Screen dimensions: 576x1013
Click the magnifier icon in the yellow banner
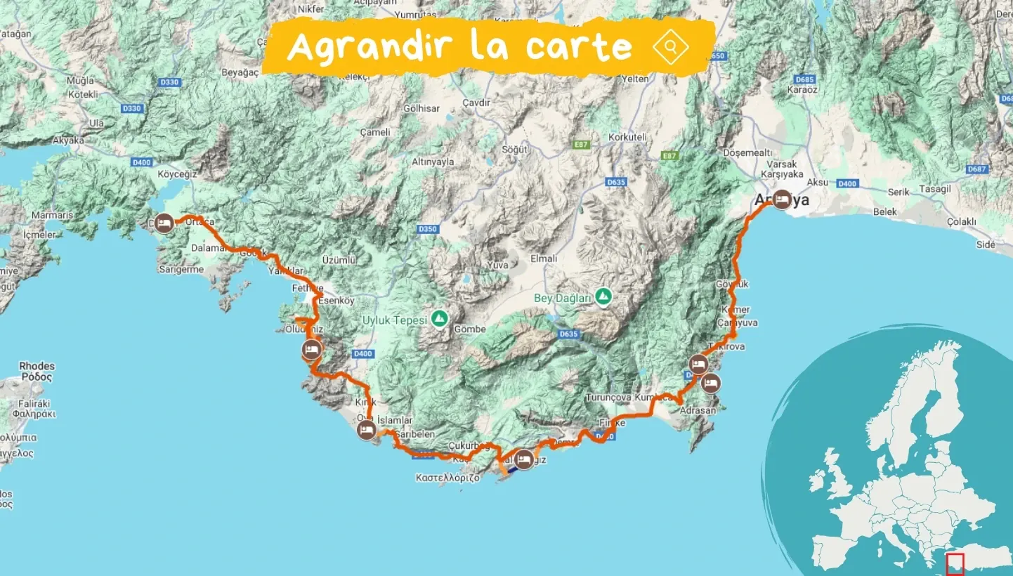click(670, 47)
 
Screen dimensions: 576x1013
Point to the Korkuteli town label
click(627, 138)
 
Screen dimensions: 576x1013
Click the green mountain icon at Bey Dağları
click(603, 296)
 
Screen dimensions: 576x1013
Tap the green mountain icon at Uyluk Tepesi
click(440, 319)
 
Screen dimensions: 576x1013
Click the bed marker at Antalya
click(781, 200)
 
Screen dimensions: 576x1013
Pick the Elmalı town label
click(544, 258)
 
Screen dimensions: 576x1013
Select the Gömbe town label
click(470, 329)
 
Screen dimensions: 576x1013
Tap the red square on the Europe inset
click(955, 563)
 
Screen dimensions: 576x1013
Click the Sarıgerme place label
click(181, 269)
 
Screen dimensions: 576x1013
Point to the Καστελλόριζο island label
click(447, 477)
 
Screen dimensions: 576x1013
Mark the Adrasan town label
click(698, 410)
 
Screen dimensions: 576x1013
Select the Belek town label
click(885, 211)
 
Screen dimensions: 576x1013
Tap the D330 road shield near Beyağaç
click(170, 82)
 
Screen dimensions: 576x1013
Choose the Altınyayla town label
click(433, 162)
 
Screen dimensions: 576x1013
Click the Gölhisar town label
click(421, 109)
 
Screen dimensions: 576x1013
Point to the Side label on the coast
click(986, 244)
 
